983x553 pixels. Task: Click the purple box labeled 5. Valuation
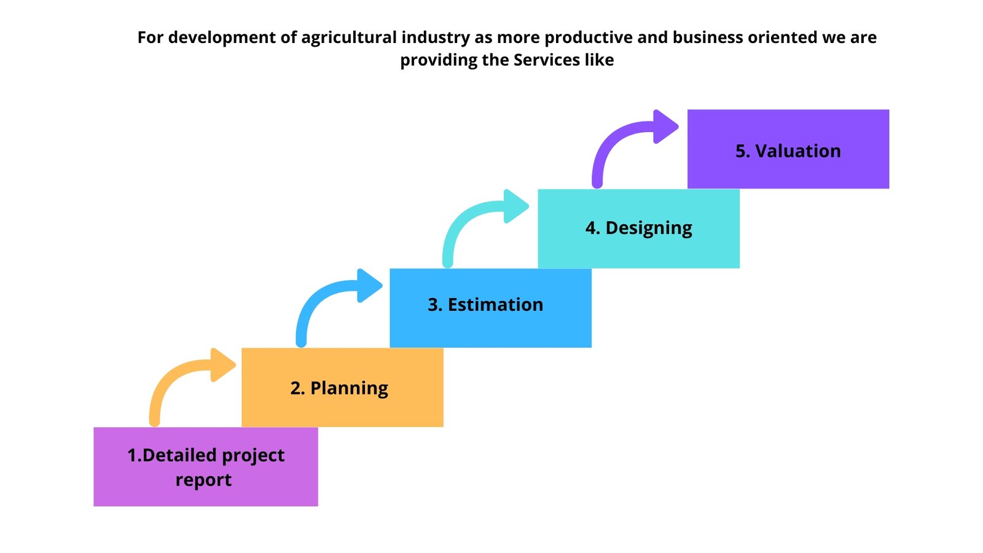pyautogui.click(x=788, y=149)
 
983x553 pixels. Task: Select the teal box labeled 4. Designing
pyautogui.click(x=638, y=229)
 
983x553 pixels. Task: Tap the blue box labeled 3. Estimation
pyautogui.click(x=491, y=308)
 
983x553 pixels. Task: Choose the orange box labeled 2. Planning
pyautogui.click(x=342, y=388)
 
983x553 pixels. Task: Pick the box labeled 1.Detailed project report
pyautogui.click(x=206, y=467)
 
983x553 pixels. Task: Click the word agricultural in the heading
pyautogui.click(x=349, y=38)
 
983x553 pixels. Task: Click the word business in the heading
pyautogui.click(x=707, y=37)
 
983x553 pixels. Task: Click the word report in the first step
pyautogui.click(x=203, y=480)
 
